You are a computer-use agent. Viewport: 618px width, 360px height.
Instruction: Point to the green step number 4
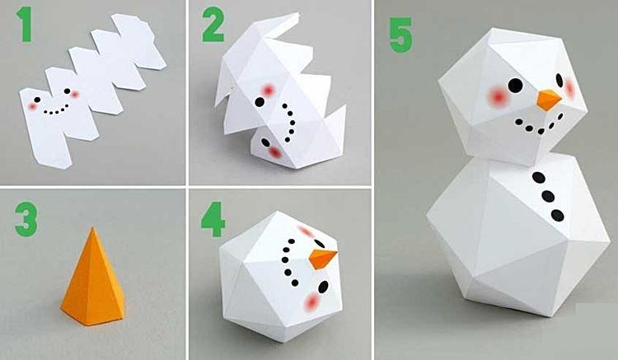pyautogui.click(x=213, y=217)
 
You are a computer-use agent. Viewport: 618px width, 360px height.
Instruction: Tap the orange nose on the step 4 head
pyautogui.click(x=322, y=258)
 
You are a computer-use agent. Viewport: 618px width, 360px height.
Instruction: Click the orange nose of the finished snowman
pyautogui.click(x=548, y=101)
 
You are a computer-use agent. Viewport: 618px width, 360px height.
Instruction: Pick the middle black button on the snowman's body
pyautogui.click(x=548, y=197)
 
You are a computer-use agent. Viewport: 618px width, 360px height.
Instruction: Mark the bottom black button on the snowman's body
pyautogui.click(x=558, y=216)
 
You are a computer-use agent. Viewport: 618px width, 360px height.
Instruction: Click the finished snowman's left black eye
pyautogui.click(x=515, y=84)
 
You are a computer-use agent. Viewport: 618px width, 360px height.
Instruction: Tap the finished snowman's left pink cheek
pyautogui.click(x=498, y=96)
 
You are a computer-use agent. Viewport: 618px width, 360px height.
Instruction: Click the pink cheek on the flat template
pyautogui.click(x=34, y=105)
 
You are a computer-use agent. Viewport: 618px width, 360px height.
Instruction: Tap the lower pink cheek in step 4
pyautogui.click(x=311, y=304)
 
